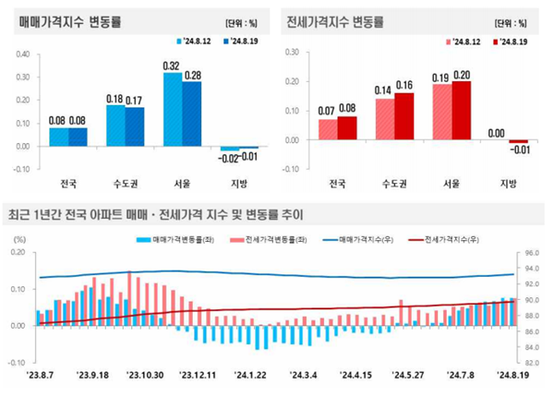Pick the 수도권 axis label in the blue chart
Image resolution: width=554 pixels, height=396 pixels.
[126, 182]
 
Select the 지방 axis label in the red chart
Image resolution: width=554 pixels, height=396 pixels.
[508, 182]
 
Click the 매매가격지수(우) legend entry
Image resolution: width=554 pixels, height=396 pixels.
[364, 239]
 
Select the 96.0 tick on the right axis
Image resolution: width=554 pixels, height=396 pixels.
[531, 252]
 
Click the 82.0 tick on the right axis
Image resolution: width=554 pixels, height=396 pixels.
[531, 363]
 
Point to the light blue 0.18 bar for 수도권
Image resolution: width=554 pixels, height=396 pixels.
[115, 125]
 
